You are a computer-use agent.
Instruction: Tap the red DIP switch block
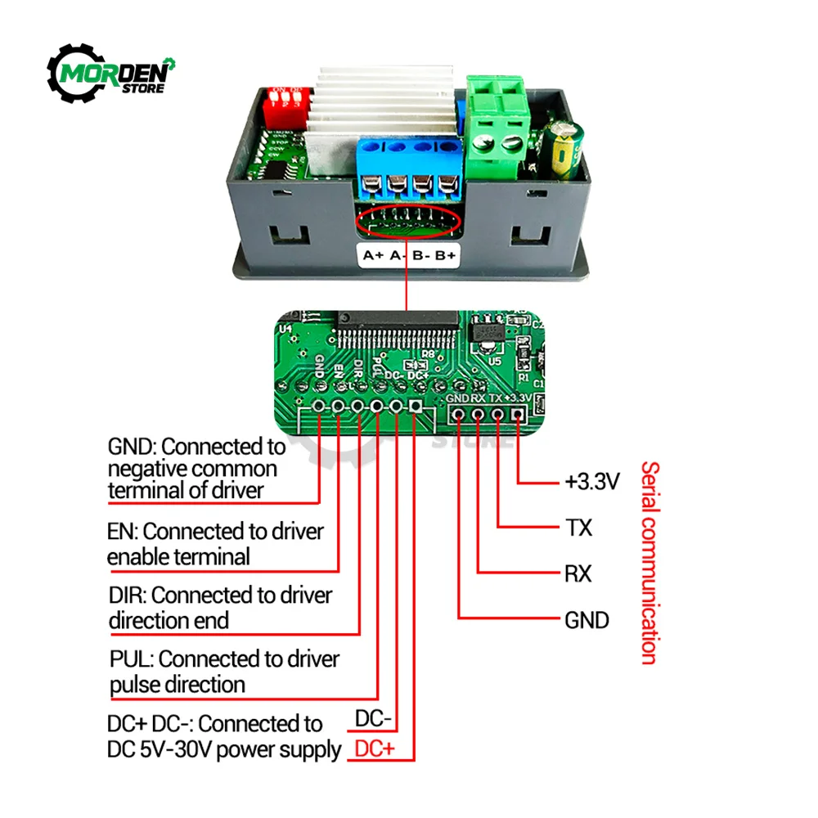point(281,103)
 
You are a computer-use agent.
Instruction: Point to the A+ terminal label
point(373,255)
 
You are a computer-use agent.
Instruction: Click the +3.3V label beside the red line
point(591,481)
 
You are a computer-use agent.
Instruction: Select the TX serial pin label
point(578,527)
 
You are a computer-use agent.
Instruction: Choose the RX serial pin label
point(578,573)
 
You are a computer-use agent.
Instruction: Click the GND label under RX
point(587,620)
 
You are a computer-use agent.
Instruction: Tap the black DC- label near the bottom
point(374,719)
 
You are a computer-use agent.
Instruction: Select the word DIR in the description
point(126,595)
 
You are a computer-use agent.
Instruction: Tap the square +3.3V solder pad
point(517,414)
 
